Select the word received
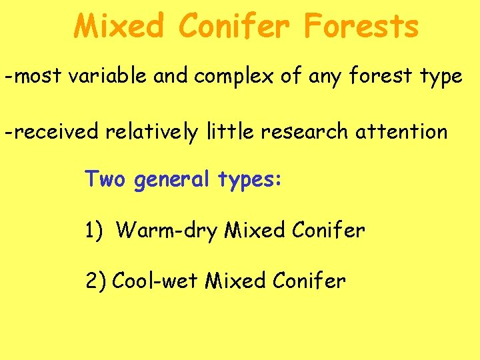[x=55, y=131]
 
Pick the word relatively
[x=150, y=132]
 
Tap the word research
[x=304, y=131]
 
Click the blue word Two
[x=105, y=179]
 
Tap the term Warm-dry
[x=167, y=231]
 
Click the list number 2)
[x=95, y=281]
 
